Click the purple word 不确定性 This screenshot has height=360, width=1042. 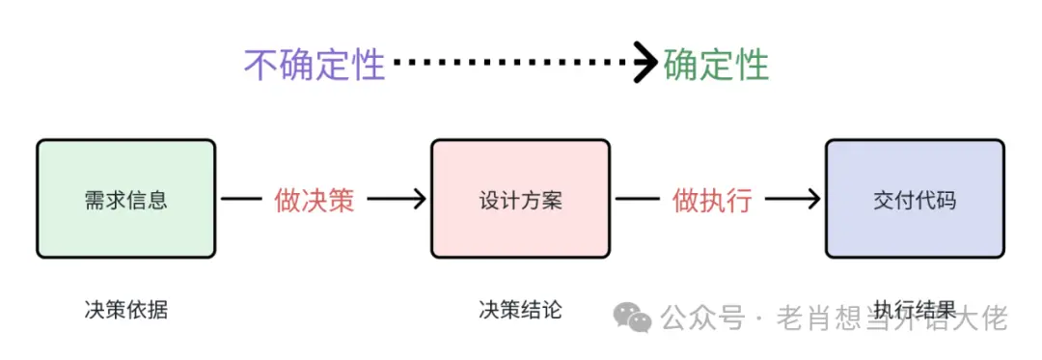point(315,65)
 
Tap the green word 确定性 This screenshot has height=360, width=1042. point(717,65)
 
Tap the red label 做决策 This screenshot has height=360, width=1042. point(315,200)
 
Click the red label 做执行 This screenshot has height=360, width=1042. point(711,200)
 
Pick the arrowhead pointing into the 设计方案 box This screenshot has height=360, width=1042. point(418,200)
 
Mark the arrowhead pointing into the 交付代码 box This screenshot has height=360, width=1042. point(813,200)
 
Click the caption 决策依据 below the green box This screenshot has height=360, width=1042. point(125,310)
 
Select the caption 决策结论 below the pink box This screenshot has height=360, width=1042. point(520,310)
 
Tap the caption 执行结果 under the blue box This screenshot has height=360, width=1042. point(915,310)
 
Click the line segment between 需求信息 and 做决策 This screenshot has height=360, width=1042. point(242,200)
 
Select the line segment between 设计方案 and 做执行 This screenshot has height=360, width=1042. point(638,200)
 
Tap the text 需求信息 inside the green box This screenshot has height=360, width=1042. point(125,201)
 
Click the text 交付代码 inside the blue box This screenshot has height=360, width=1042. point(915,201)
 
